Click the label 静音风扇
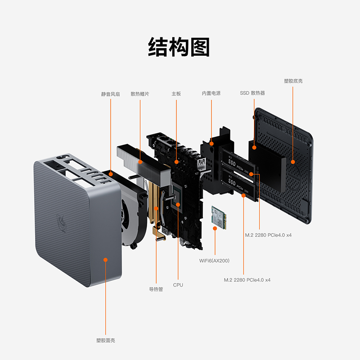(110, 94)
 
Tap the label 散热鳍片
(140, 94)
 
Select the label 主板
(176, 94)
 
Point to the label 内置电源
(211, 94)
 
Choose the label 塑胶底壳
(293, 81)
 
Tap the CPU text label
(178, 285)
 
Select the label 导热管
(156, 289)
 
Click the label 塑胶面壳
(106, 341)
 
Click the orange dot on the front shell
(106, 260)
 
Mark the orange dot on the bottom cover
(293, 162)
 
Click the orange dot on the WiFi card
(215, 228)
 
